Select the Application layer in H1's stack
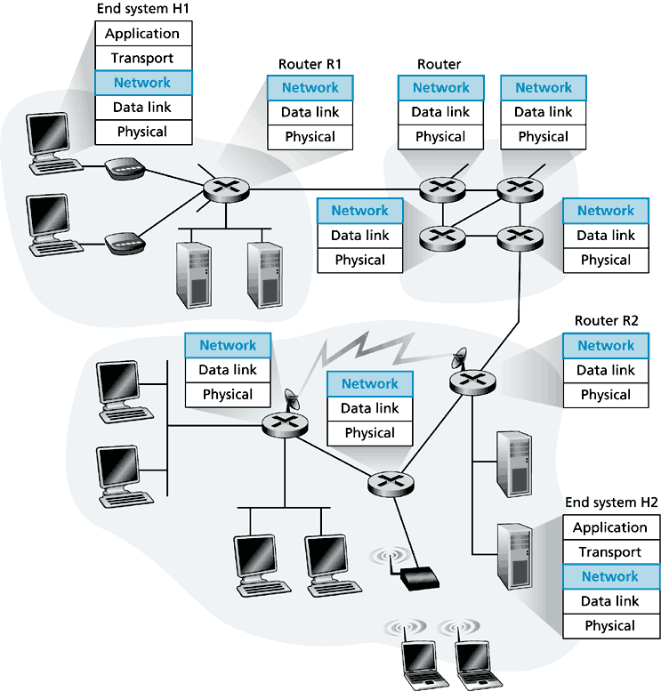pos(142,34)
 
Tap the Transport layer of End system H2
pos(609,552)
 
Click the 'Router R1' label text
pos(310,64)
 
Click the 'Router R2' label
pos(606,321)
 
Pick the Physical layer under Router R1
pos(310,137)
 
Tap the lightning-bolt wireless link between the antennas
pos(374,351)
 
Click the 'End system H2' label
pos(610,503)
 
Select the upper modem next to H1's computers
pos(123,170)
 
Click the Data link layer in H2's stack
pos(609,601)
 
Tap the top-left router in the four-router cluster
pos(440,188)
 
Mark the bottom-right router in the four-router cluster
pos(512,236)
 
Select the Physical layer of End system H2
pos(609,626)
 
